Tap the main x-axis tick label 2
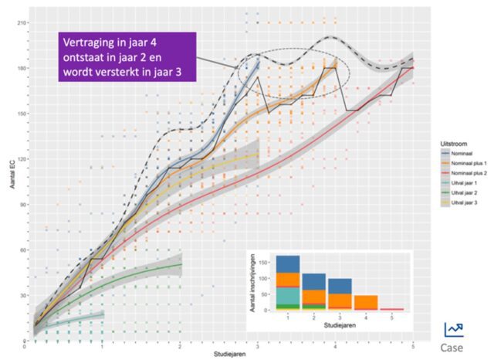click(180, 347)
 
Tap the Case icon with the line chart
click(454, 329)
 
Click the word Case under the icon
click(454, 347)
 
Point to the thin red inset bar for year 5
click(391, 309)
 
